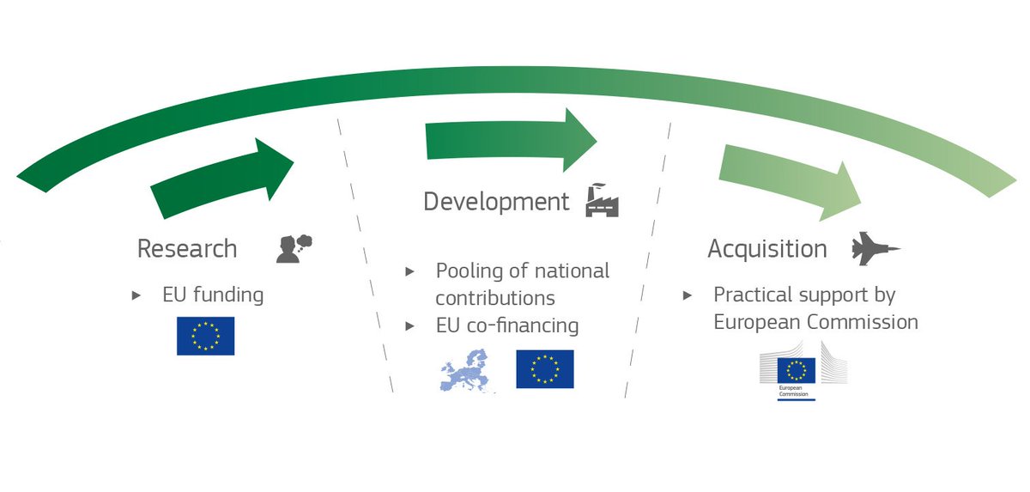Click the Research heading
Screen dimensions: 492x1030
(186, 249)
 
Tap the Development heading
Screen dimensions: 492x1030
(495, 202)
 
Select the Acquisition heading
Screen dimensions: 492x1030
(766, 249)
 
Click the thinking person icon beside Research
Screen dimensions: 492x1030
(294, 247)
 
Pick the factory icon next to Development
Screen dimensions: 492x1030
(601, 201)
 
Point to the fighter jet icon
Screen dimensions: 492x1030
(875, 249)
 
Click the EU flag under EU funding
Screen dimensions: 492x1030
(205, 336)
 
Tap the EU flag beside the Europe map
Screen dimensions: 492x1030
(544, 369)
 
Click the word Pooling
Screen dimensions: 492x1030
(469, 271)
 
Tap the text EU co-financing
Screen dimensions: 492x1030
(506, 326)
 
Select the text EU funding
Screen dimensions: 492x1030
(213, 295)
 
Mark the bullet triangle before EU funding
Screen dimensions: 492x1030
(136, 295)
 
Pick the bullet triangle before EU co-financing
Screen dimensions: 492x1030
(411, 326)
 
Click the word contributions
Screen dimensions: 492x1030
(494, 299)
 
